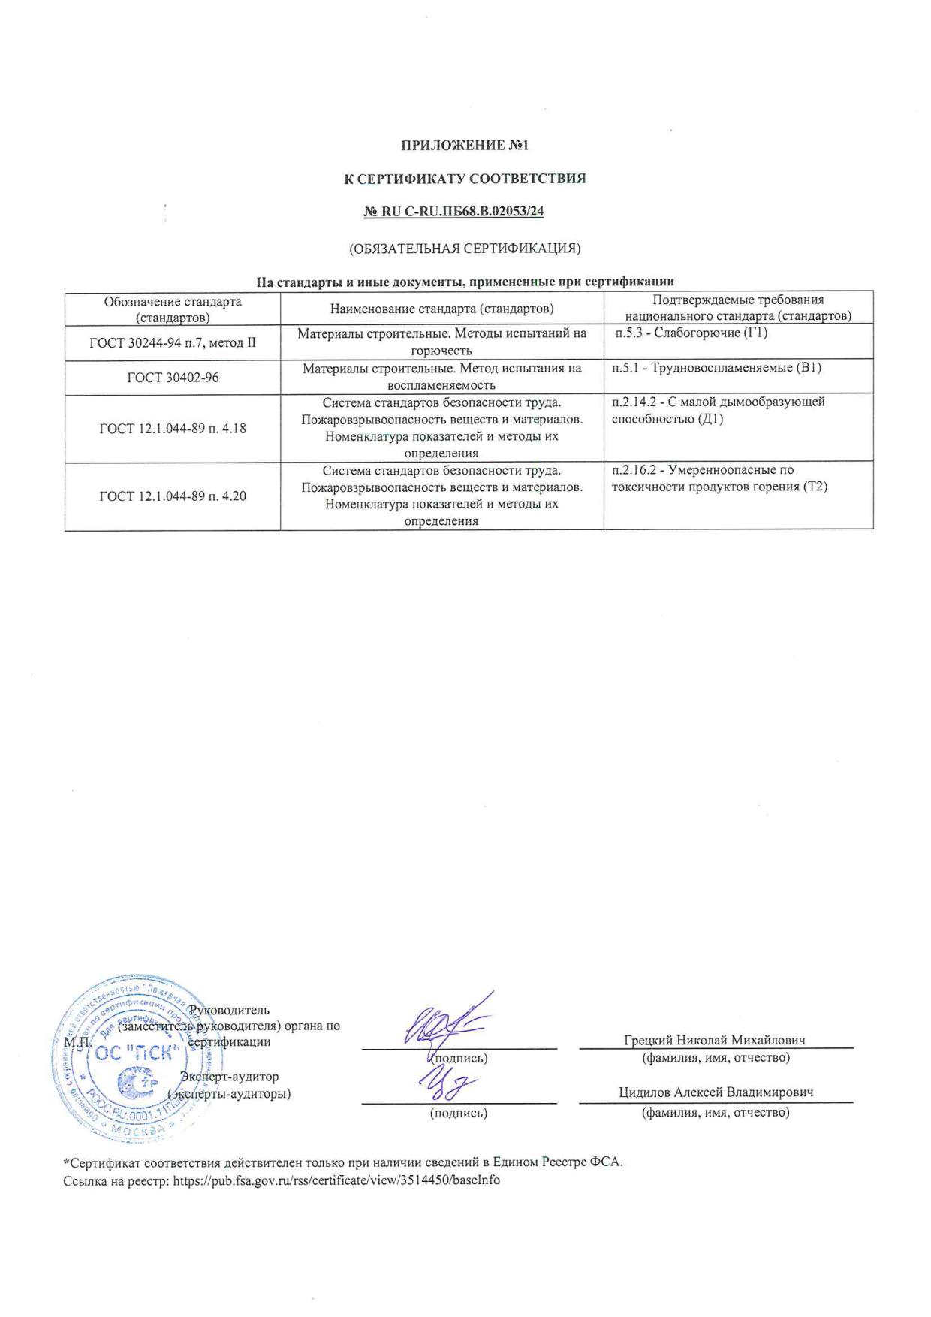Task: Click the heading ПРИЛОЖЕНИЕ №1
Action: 465,145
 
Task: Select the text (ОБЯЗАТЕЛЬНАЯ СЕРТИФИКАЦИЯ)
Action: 465,248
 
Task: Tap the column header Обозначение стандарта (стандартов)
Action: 173,309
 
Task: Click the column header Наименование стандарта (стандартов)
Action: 441,309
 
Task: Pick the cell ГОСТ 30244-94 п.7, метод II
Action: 173,343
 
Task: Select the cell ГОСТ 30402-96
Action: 173,377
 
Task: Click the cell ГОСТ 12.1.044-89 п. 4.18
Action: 173,429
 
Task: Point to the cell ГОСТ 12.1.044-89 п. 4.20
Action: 173,496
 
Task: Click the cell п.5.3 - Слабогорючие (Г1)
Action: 691,333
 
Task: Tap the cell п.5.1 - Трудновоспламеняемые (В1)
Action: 716,368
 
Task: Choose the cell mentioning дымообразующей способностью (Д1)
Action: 718,411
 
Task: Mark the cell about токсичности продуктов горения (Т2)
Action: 719,478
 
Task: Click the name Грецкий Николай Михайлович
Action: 714,1040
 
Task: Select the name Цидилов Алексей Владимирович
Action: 716,1092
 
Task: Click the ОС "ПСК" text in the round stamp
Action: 136,1052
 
